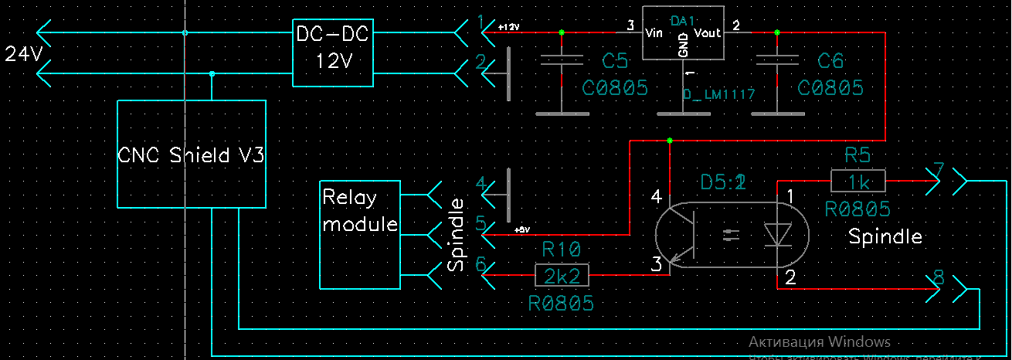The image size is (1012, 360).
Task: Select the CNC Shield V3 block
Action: click(191, 155)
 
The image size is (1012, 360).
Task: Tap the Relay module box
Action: click(360, 234)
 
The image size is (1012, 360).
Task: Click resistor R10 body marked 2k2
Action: click(562, 274)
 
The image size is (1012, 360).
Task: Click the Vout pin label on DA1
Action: click(708, 32)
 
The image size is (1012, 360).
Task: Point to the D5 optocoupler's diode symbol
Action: click(775, 235)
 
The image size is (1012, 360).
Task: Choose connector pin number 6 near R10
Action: click(481, 264)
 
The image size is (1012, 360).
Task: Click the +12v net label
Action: click(509, 27)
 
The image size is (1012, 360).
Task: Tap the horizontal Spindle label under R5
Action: click(885, 236)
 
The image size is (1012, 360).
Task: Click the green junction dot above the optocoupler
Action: click(669, 141)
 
